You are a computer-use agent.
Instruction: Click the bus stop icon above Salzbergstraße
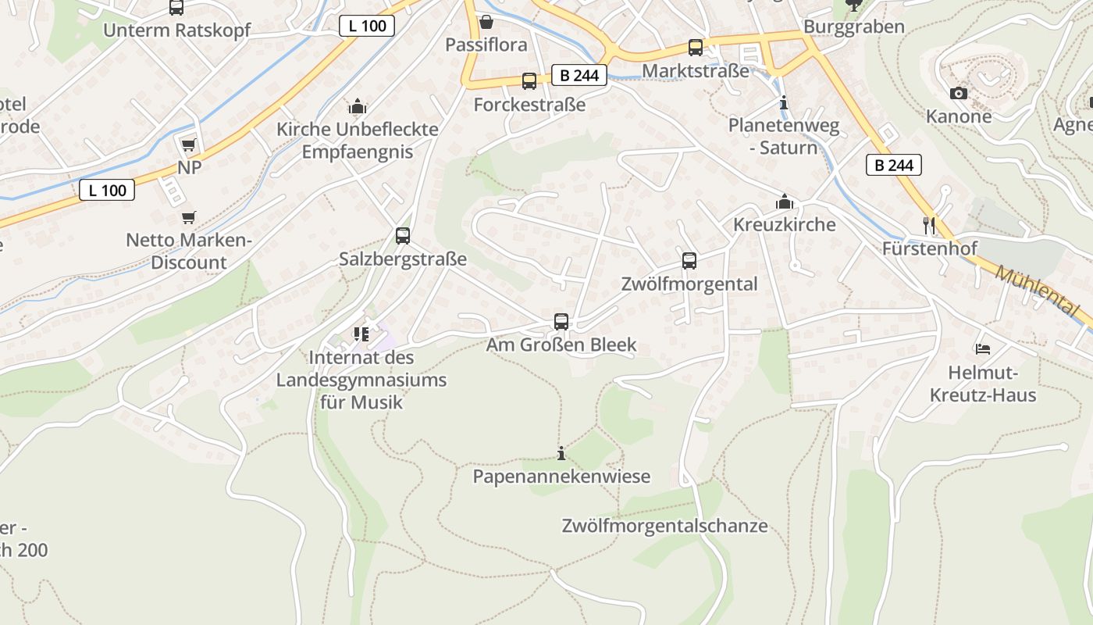(403, 235)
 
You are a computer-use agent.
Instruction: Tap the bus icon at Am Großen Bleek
(561, 321)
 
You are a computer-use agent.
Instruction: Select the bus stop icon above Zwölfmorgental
(689, 261)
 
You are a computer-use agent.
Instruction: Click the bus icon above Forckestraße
(529, 81)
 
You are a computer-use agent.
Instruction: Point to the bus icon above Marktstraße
(695, 48)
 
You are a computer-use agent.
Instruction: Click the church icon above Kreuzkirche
(784, 202)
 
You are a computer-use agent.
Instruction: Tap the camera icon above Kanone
(958, 94)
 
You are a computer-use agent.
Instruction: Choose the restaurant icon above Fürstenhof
(929, 226)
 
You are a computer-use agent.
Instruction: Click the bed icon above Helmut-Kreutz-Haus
(982, 348)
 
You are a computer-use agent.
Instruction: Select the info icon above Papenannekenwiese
(561, 453)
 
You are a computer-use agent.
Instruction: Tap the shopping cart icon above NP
(188, 145)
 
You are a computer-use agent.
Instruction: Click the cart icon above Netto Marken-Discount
(188, 217)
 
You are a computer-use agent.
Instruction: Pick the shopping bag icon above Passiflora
(486, 22)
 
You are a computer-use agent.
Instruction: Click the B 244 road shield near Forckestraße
(579, 75)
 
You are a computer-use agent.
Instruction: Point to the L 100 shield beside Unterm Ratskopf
(367, 26)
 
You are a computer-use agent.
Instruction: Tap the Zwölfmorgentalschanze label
(664, 526)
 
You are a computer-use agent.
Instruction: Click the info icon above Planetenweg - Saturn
(784, 102)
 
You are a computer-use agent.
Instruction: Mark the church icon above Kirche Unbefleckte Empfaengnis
(357, 106)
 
